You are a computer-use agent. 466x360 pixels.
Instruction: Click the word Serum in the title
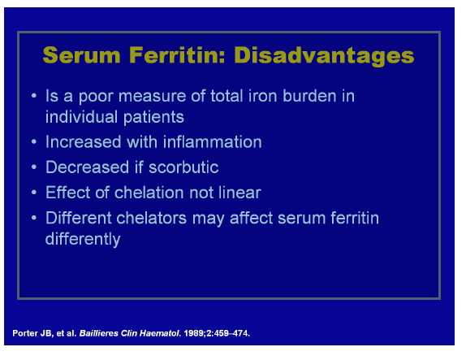click(81, 55)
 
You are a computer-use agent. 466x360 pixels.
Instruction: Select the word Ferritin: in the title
click(177, 55)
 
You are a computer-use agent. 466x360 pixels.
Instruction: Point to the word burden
click(309, 96)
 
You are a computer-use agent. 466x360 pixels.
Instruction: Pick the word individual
click(81, 116)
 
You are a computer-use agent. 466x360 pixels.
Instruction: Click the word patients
click(153, 117)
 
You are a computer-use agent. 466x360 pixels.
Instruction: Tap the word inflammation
click(213, 141)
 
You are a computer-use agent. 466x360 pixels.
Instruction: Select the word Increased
click(83, 141)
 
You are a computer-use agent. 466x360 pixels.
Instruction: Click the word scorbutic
click(183, 167)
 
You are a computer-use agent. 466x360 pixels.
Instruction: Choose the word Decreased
click(87, 167)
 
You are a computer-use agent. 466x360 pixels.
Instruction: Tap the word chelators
click(151, 218)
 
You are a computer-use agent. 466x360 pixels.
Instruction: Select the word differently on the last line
click(83, 239)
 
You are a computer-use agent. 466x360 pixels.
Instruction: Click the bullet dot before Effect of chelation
click(34, 193)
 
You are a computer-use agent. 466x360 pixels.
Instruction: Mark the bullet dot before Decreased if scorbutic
click(34, 167)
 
